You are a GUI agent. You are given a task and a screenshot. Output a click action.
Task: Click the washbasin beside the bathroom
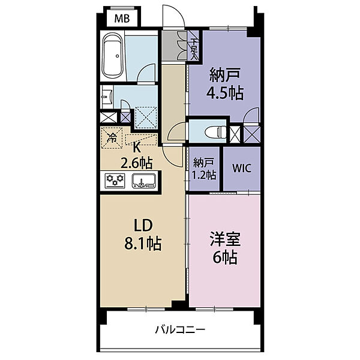[107, 96]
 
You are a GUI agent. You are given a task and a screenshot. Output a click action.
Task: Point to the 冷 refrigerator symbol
[111, 137]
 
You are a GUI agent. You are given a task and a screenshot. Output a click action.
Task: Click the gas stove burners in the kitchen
[114, 179]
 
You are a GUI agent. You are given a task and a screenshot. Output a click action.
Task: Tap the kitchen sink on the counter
[143, 180]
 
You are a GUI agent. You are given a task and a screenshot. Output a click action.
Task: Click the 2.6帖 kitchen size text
[136, 162]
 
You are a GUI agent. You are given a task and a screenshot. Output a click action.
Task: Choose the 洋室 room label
[224, 240]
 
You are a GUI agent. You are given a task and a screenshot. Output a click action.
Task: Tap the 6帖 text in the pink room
[224, 258]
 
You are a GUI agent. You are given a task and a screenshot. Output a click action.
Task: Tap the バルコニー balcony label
[180, 329]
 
